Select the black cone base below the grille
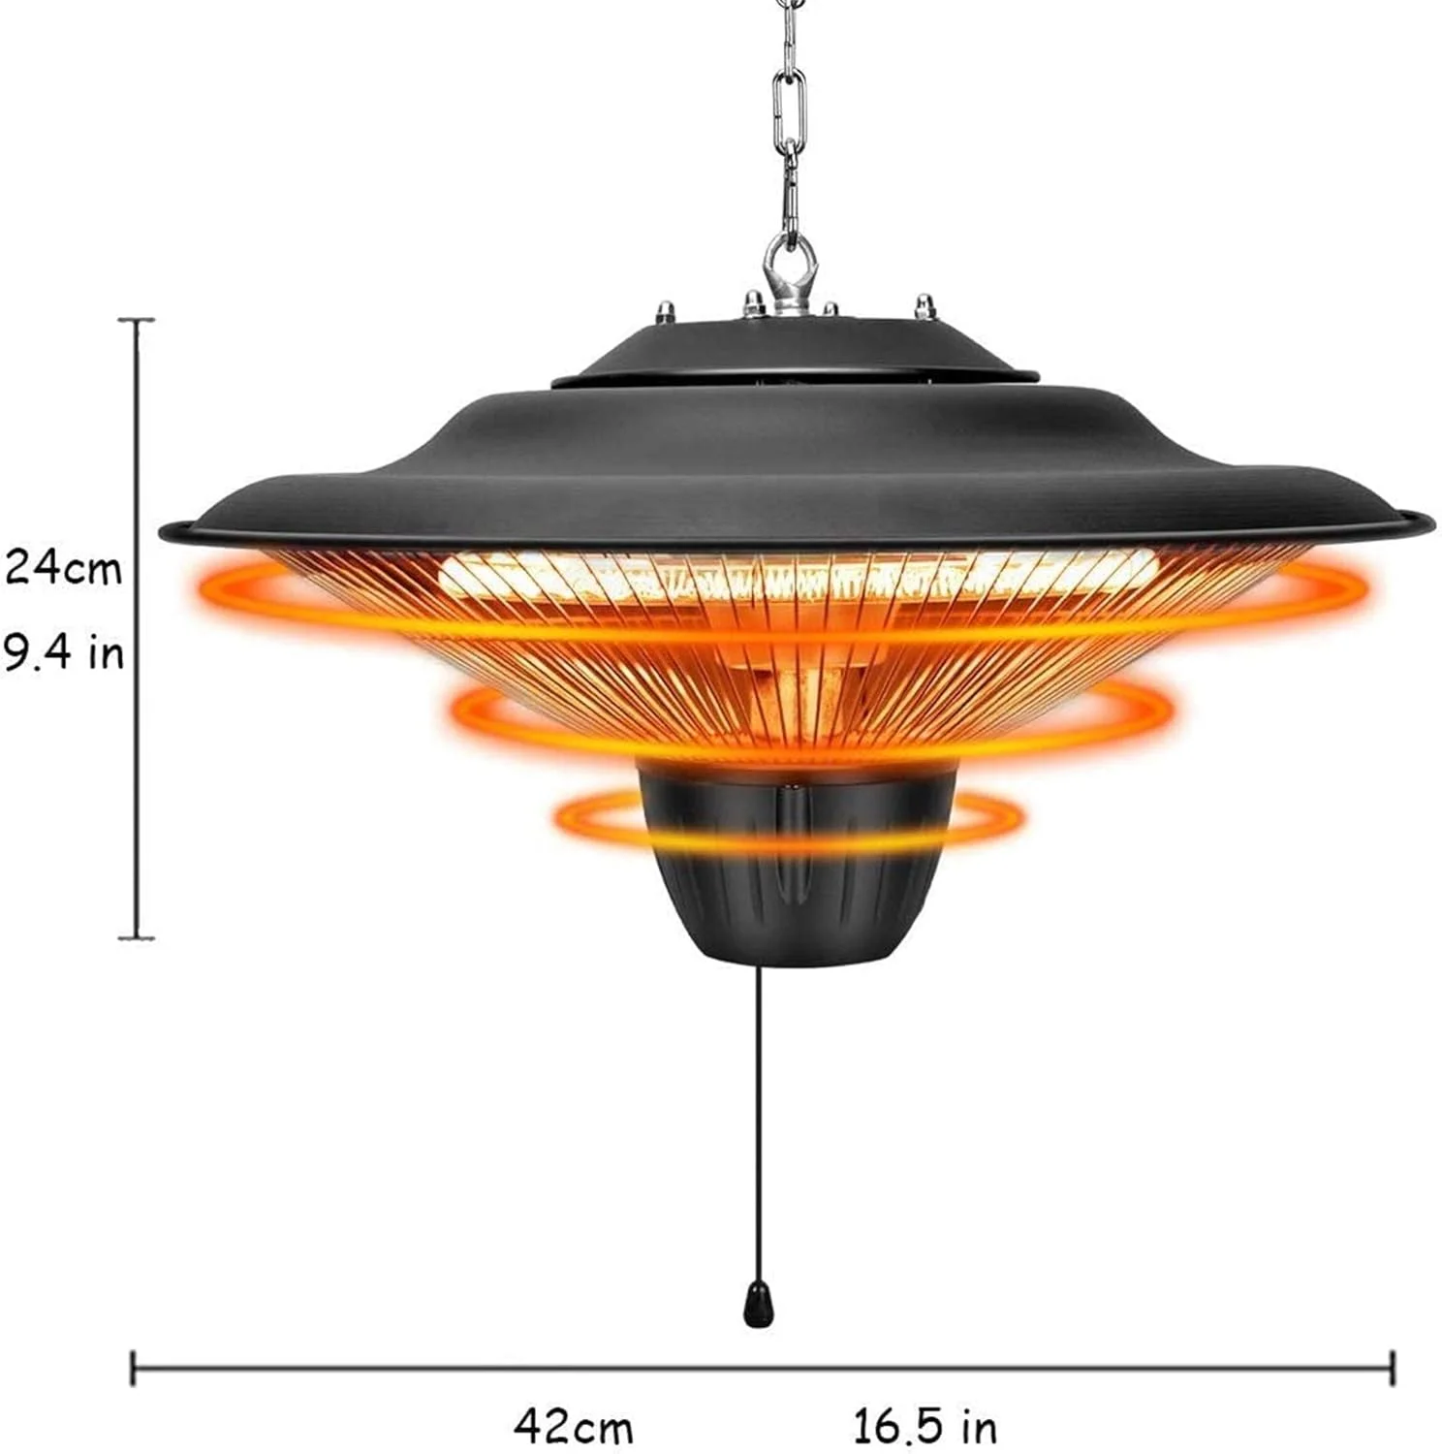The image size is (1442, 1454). [x=796, y=863]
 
